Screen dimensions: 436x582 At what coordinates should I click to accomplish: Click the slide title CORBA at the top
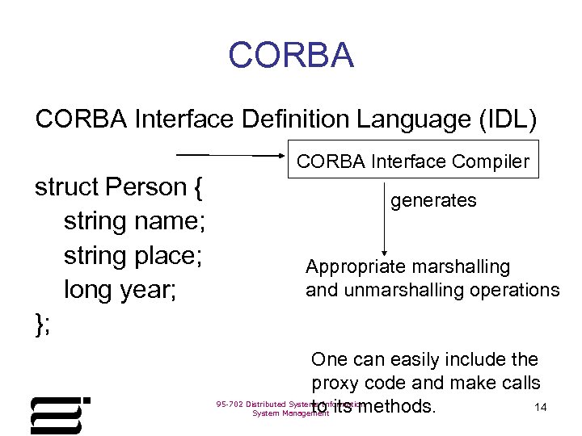point(291,56)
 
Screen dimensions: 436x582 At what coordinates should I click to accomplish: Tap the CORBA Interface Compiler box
point(413,161)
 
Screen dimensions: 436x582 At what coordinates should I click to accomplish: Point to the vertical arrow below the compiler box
point(384,218)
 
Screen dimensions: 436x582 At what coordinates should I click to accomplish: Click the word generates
point(434,200)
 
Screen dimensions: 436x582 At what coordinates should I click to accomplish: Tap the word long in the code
point(89,290)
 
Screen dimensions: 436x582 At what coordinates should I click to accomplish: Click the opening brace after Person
point(198,188)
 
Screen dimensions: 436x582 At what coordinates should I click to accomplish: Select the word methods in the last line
point(396,406)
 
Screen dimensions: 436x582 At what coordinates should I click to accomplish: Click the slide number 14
point(541,408)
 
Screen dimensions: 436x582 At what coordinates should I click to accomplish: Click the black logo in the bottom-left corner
point(59,415)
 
